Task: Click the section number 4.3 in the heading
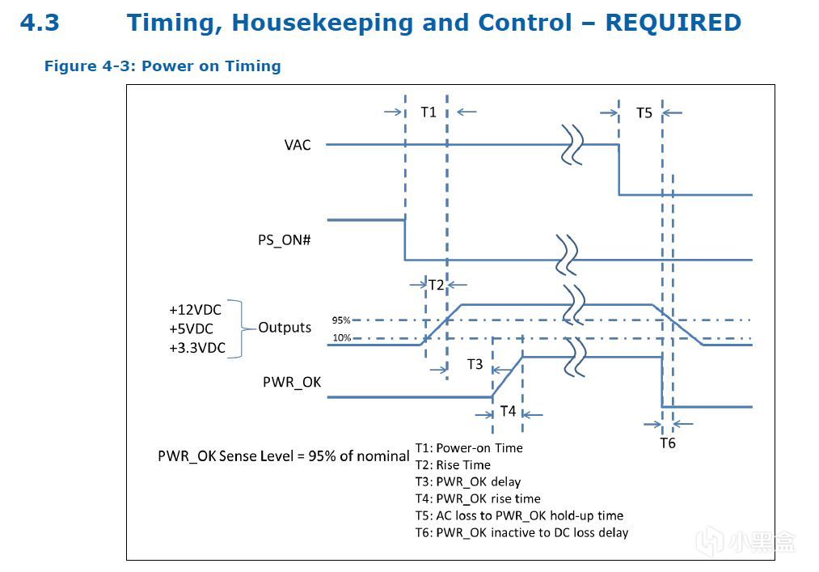pyautogui.click(x=40, y=23)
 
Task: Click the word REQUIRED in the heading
pyautogui.click(x=673, y=23)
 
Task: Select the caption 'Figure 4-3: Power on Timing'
pyautogui.click(x=163, y=66)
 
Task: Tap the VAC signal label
pyautogui.click(x=298, y=145)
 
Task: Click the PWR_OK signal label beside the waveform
pyautogui.click(x=292, y=382)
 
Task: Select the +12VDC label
pyautogui.click(x=195, y=310)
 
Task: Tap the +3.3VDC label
pyautogui.click(x=197, y=348)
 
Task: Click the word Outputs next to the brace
pyautogui.click(x=285, y=328)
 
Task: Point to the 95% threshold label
pyautogui.click(x=341, y=320)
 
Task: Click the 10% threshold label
pyautogui.click(x=341, y=338)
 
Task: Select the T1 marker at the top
pyautogui.click(x=428, y=112)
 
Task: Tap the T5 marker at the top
pyautogui.click(x=644, y=113)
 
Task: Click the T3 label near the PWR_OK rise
pyautogui.click(x=475, y=365)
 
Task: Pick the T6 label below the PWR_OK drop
pyautogui.click(x=667, y=443)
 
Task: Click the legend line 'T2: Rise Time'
pyautogui.click(x=453, y=465)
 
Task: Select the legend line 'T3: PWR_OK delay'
pyautogui.click(x=468, y=482)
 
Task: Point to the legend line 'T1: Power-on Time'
pyautogui.click(x=469, y=448)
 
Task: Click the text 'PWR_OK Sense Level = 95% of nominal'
pyautogui.click(x=284, y=456)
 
